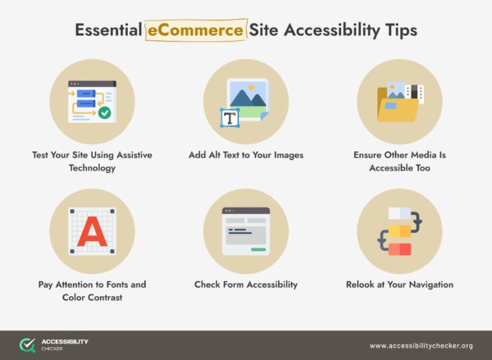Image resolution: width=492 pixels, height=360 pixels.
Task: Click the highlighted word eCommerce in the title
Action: pos(195,31)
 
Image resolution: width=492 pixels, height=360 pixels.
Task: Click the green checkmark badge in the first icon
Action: pos(104,112)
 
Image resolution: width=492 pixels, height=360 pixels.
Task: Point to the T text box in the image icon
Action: pos(230,118)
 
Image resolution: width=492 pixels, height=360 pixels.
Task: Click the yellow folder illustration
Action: pos(395,107)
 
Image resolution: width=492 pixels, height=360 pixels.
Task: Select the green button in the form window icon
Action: pos(259,248)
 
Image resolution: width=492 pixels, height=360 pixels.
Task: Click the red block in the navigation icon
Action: pos(399,248)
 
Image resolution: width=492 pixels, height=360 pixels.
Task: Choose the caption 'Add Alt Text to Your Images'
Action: pos(245,154)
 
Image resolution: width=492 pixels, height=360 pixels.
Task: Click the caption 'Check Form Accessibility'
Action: pos(245,285)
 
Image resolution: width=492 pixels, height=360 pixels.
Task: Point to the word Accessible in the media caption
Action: pos(399,167)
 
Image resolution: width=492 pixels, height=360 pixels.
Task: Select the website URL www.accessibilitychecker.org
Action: pos(421,345)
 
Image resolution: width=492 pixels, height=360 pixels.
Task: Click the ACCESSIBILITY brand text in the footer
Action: pos(65,341)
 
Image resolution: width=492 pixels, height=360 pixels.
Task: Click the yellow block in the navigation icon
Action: pos(399,232)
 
